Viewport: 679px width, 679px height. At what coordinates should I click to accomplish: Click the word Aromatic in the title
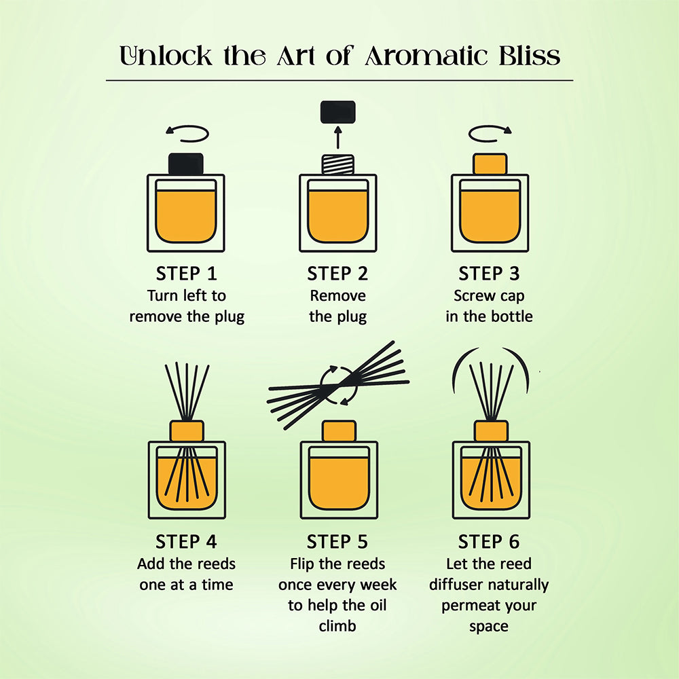click(426, 56)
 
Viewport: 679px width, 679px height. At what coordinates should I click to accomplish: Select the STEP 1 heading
click(186, 274)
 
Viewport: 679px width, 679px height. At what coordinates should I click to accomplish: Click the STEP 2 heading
click(337, 274)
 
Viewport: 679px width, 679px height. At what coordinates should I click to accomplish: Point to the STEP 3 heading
click(489, 274)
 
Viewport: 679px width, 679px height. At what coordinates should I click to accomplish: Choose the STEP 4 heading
click(186, 542)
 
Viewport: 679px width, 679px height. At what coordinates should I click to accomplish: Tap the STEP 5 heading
click(337, 542)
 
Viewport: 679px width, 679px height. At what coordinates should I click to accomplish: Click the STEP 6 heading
click(489, 542)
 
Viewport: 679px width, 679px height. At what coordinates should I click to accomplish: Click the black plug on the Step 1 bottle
click(186, 164)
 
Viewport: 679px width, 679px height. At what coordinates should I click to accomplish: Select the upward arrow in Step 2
click(338, 137)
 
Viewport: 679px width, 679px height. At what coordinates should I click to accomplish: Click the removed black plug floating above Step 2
click(337, 112)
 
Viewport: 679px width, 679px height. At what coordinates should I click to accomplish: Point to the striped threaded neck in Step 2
click(337, 164)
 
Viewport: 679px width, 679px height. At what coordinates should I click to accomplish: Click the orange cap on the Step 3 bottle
click(490, 164)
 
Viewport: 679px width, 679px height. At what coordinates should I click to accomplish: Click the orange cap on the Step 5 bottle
click(339, 431)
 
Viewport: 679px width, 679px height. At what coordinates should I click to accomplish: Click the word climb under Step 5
click(337, 626)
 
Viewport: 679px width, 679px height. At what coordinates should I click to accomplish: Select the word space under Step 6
click(489, 627)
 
